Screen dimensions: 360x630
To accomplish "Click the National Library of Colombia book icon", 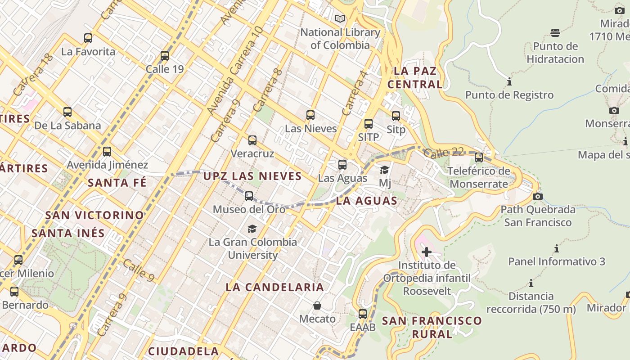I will click(x=340, y=19).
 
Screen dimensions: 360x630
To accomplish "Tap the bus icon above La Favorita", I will click(x=88, y=38).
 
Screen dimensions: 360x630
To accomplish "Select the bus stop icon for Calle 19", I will click(x=165, y=56).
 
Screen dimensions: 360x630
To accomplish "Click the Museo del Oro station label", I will click(x=249, y=209).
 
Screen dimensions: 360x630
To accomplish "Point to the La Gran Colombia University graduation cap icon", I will click(x=252, y=229).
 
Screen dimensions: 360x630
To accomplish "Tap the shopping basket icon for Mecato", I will click(x=317, y=306).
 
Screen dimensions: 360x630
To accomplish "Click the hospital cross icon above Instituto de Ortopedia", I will click(x=427, y=252).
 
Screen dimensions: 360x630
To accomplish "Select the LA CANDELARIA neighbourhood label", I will click(x=274, y=287).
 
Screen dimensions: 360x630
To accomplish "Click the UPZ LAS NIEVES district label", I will click(x=252, y=176).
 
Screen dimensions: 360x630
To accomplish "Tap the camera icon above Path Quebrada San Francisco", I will click(x=537, y=196).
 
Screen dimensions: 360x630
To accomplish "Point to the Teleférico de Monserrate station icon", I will click(x=479, y=157).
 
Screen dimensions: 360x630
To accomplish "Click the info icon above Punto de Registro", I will click(x=509, y=82).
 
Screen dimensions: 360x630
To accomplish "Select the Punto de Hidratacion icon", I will click(x=555, y=32).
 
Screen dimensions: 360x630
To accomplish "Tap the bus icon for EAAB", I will click(x=363, y=314).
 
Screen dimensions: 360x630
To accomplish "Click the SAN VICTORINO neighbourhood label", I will click(x=94, y=215).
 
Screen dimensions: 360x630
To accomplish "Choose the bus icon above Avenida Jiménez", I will click(x=107, y=152).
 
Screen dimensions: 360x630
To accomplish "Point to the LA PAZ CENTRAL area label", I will click(x=415, y=77).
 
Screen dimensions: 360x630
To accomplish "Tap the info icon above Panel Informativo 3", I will click(x=557, y=248).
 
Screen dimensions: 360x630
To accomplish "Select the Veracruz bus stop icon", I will click(x=252, y=140).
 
